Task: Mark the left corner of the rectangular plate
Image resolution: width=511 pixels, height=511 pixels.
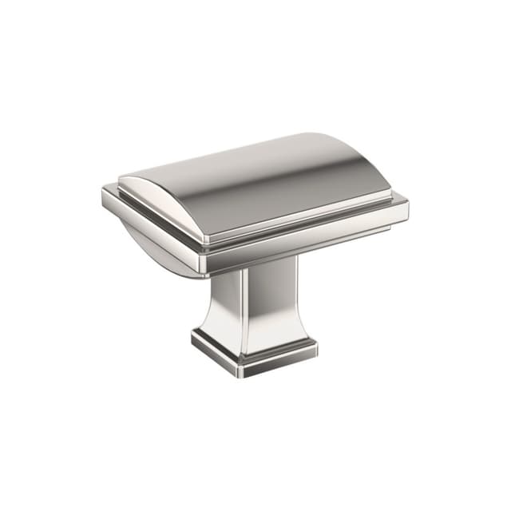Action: pyautogui.click(x=104, y=192)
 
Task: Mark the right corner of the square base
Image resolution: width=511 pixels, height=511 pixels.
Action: pyautogui.click(x=316, y=347)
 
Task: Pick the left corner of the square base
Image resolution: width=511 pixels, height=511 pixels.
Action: pyautogui.click(x=192, y=339)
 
